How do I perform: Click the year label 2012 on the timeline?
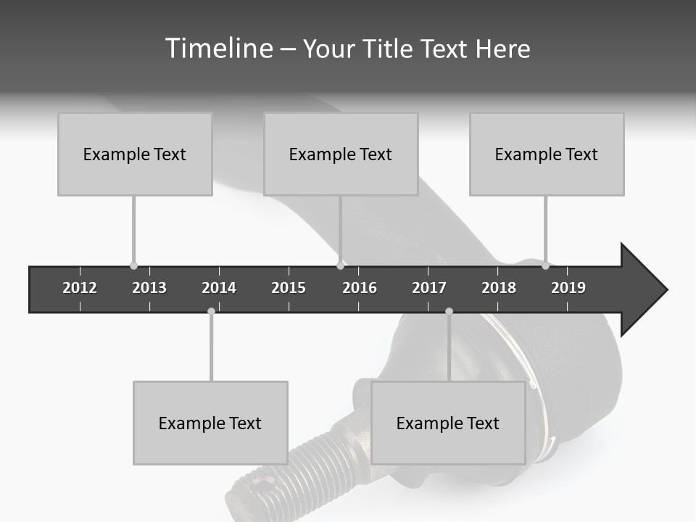tap(80, 288)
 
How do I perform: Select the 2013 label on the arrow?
tap(149, 288)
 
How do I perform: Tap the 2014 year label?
tap(219, 288)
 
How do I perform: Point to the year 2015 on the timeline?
tap(289, 288)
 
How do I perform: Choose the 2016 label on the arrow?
tap(360, 288)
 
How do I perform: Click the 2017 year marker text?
tap(429, 288)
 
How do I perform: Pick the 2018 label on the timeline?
tap(499, 288)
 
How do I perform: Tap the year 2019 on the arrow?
tap(568, 288)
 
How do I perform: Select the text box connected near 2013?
tap(135, 154)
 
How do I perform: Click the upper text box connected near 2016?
tap(341, 154)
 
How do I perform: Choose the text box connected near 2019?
tap(547, 154)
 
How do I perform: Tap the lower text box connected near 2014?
tap(210, 423)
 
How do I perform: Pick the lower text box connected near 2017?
tap(448, 423)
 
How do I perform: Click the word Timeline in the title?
tap(218, 49)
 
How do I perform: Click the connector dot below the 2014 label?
tap(211, 311)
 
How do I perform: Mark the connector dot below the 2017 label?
tap(449, 311)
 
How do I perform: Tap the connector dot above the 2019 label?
tap(545, 266)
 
